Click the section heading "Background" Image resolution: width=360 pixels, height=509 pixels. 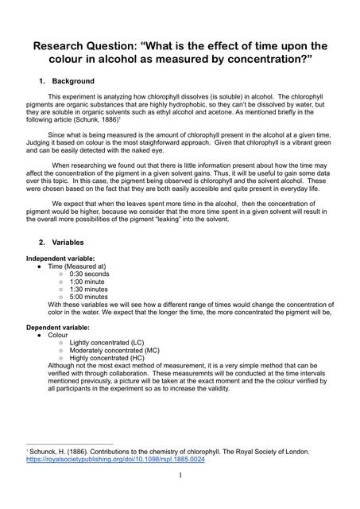pyautogui.click(x=73, y=81)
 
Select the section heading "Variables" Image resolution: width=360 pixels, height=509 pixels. pyautogui.click(x=69, y=241)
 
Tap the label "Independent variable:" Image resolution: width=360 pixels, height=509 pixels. pyautogui.click(x=60, y=258)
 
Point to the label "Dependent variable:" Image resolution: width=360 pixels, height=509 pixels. pyautogui.click(x=58, y=327)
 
